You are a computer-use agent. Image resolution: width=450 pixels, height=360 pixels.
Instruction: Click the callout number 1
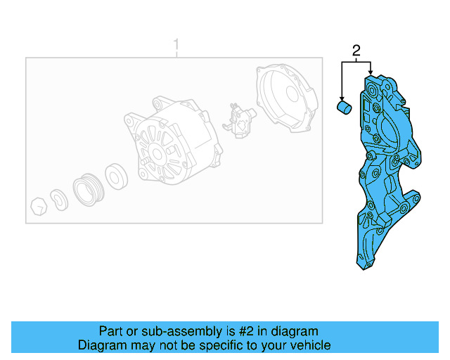click(176, 46)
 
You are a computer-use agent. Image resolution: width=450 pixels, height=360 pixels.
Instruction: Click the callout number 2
click(356, 50)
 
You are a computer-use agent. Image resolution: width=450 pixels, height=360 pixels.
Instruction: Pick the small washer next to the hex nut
click(59, 197)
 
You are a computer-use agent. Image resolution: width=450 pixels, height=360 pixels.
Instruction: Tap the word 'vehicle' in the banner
click(310, 345)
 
